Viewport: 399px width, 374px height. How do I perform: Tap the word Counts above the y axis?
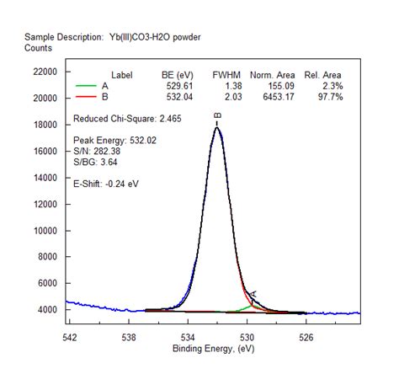coord(39,48)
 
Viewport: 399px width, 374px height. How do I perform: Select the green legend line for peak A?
coord(86,85)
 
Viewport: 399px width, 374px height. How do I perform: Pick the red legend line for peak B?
coord(86,97)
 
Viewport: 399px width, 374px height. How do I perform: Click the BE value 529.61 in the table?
coord(178,85)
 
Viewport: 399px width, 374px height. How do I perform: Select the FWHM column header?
coord(227,74)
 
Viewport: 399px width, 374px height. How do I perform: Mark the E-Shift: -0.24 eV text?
coord(105,183)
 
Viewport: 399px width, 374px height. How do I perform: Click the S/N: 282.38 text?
coord(98,151)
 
